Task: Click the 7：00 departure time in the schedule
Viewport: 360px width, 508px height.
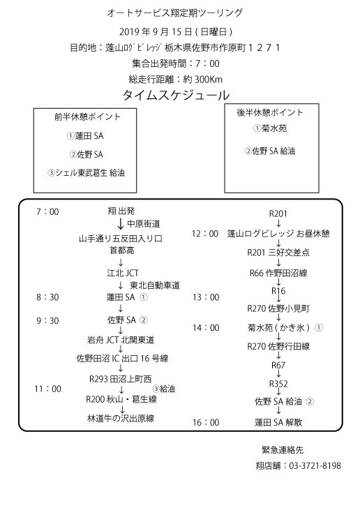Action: click(47, 212)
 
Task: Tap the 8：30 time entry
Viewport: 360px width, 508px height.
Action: click(47, 297)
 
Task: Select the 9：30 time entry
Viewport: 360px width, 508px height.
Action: click(47, 321)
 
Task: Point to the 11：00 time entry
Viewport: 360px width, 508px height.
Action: click(47, 389)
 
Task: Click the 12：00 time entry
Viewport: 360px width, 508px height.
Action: click(205, 234)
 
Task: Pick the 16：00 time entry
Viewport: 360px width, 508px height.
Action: click(206, 422)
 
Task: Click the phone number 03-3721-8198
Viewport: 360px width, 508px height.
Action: click(315, 466)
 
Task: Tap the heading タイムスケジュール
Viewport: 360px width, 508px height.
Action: click(176, 95)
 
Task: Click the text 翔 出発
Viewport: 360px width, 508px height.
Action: click(121, 211)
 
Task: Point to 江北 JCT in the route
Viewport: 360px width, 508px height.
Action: click(123, 273)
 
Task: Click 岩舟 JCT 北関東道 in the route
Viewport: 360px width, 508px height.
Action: click(121, 340)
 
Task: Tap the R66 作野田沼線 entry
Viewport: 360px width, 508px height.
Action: click(278, 273)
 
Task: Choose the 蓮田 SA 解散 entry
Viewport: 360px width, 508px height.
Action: click(278, 422)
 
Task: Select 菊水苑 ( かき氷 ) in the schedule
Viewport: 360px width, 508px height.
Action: click(278, 328)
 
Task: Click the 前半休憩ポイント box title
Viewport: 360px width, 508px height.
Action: click(87, 117)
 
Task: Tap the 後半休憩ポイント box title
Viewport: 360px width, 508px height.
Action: click(270, 112)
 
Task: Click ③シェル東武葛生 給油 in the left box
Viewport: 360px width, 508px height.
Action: click(86, 172)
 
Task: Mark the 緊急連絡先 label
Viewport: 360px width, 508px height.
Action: click(283, 449)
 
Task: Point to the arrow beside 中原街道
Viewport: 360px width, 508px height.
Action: click(121, 223)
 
